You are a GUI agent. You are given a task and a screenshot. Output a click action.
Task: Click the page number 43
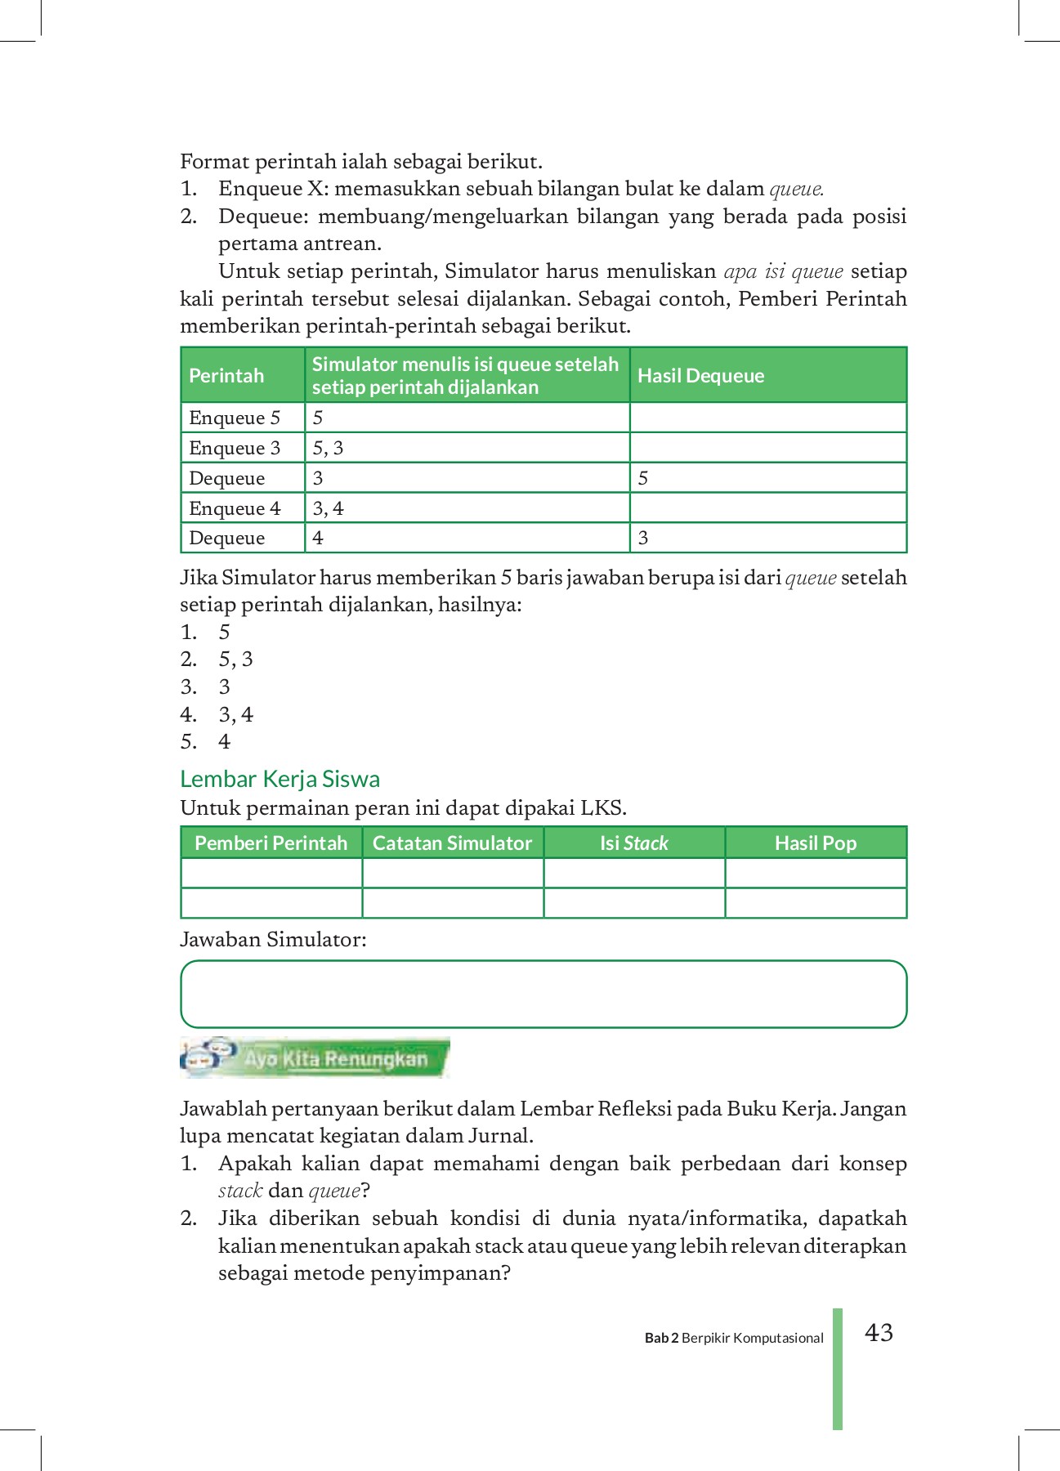(879, 1333)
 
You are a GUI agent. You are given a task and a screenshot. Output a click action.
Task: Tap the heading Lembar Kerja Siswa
(280, 779)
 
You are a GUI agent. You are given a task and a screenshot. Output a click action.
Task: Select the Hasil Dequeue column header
(700, 376)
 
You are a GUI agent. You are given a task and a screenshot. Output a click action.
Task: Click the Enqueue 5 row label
(235, 418)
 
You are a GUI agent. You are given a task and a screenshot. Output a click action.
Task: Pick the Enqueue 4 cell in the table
(235, 508)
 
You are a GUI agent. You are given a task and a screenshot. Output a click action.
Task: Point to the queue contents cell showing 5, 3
(328, 448)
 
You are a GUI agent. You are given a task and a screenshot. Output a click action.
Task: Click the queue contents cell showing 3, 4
(328, 508)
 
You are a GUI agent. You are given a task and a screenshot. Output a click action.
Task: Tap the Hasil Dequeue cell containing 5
(643, 478)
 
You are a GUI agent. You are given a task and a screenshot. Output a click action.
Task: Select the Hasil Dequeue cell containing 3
(643, 538)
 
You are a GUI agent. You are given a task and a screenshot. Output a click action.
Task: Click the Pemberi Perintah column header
(271, 843)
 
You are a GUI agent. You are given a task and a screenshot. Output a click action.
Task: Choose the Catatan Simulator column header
(452, 843)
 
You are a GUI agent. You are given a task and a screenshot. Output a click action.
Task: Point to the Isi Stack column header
(634, 843)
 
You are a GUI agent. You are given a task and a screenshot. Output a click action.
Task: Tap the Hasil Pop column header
(816, 843)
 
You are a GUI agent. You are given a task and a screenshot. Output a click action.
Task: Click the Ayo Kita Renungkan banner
(315, 1058)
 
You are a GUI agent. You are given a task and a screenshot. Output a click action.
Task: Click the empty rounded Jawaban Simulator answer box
(543, 994)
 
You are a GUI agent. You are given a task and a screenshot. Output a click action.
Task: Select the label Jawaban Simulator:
(273, 940)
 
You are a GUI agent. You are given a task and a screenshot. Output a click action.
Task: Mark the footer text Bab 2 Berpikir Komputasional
(734, 1338)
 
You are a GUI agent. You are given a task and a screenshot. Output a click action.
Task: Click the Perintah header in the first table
(226, 376)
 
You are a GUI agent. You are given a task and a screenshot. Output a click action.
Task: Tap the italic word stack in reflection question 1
(239, 1191)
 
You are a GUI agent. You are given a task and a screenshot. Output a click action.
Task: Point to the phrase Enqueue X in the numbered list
(272, 189)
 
